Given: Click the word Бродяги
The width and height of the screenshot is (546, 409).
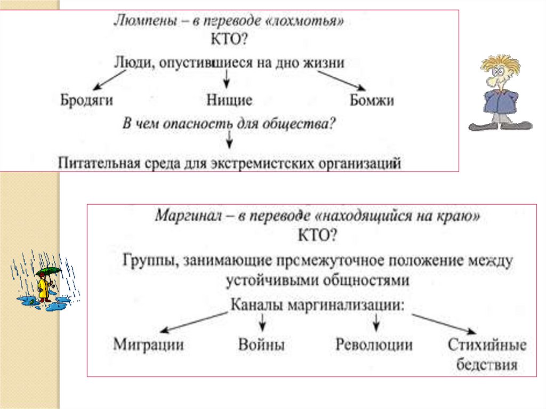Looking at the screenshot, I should coord(86,100).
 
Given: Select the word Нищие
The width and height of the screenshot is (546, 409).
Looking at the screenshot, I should coord(229,100).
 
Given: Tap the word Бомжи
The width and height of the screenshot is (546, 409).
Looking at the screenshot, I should coord(372,100).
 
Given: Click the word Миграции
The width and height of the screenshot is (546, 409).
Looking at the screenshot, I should coord(149,344).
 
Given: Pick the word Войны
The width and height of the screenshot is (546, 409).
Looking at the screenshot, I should coord(261,344).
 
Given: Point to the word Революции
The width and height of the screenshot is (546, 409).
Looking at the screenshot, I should coord(374,344).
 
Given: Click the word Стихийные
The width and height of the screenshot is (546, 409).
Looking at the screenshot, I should coord(487,344).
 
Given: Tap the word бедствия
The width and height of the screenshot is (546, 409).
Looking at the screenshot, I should coord(487,365).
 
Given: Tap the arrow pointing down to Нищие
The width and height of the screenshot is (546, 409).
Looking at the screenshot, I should coord(227,80).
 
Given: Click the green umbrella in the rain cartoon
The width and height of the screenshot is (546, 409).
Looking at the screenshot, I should coord(47,272).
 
